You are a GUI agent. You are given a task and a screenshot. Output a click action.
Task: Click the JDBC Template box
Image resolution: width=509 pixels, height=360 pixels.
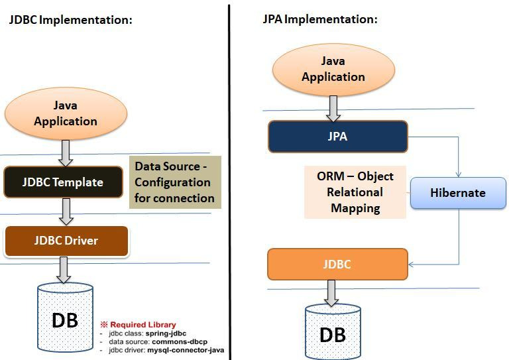click(64, 182)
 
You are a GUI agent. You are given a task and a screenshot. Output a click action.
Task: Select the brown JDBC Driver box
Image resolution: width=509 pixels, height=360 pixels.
click(66, 241)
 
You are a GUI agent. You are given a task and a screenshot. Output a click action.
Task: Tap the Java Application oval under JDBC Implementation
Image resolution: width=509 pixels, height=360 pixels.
click(66, 113)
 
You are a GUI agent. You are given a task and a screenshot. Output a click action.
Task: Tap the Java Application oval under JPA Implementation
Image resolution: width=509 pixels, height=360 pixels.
click(333, 70)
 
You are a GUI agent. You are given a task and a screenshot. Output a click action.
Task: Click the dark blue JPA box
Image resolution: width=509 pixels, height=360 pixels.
click(337, 137)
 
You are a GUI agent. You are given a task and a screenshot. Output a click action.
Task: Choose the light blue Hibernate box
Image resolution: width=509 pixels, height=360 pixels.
click(458, 193)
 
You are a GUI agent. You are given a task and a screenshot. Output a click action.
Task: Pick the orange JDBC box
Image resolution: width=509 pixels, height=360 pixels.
click(337, 265)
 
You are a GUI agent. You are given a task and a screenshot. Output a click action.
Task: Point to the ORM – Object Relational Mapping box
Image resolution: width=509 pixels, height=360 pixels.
click(355, 192)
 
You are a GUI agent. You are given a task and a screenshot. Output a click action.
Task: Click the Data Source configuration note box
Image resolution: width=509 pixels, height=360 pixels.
click(174, 182)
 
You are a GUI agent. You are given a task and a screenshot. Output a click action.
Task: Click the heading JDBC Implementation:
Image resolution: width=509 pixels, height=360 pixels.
click(70, 20)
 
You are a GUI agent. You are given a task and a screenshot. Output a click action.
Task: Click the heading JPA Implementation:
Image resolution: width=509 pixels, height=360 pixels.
click(320, 19)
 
